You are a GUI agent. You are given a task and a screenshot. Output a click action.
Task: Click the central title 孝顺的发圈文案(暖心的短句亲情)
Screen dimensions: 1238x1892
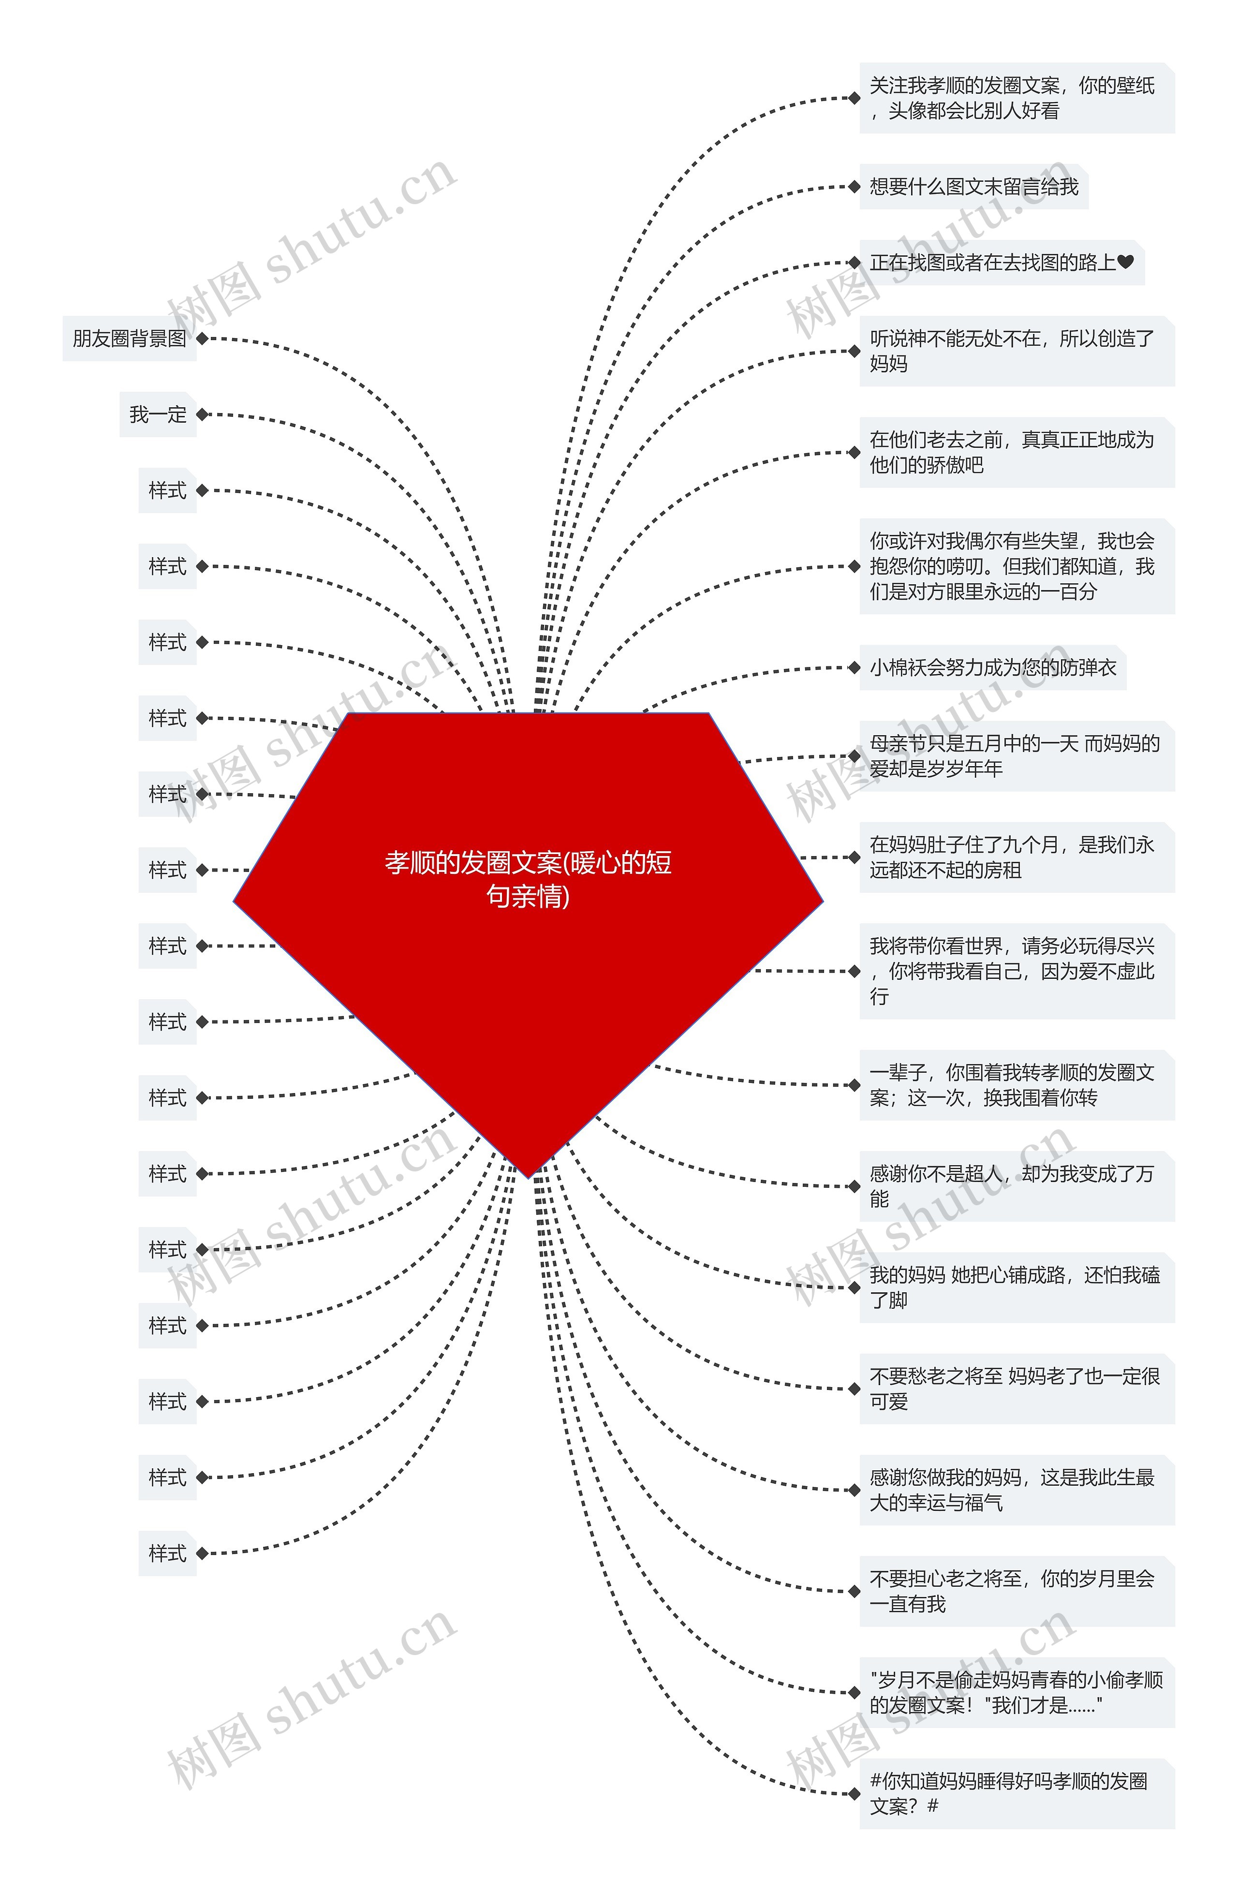click(528, 878)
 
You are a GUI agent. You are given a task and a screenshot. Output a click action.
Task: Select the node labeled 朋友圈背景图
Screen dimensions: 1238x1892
click(129, 339)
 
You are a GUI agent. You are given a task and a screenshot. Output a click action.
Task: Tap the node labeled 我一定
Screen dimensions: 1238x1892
click(158, 414)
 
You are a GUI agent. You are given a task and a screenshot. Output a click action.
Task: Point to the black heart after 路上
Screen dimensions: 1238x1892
click(1125, 262)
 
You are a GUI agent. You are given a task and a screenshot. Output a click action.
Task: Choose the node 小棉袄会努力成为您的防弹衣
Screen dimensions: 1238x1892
click(992, 668)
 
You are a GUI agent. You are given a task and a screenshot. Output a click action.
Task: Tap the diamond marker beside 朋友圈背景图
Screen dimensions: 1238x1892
click(202, 339)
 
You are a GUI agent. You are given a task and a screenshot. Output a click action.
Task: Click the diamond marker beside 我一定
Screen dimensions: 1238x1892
click(202, 414)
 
